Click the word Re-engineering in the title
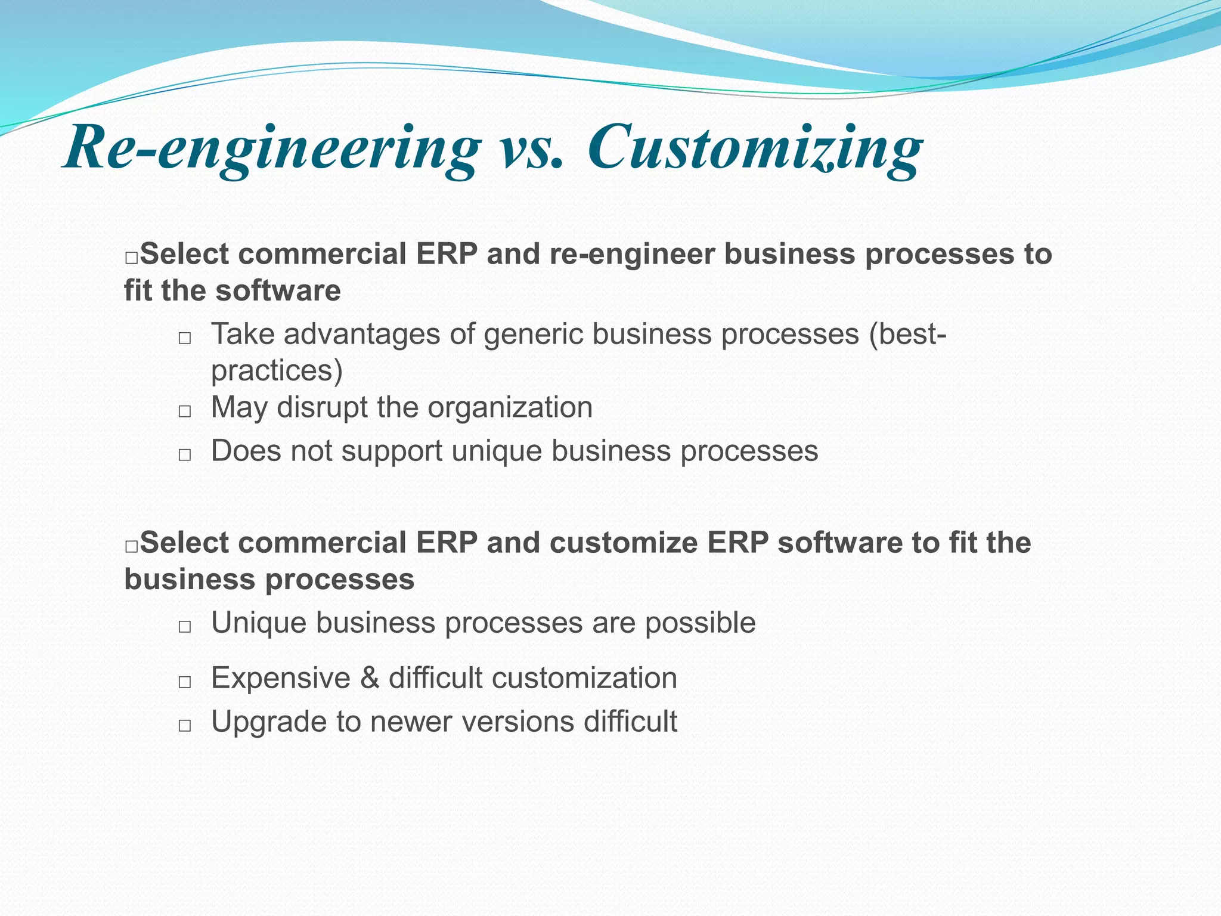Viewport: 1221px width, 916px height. [x=272, y=149]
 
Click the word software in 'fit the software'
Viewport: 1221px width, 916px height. [x=278, y=291]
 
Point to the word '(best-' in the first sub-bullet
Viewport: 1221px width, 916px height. [x=907, y=335]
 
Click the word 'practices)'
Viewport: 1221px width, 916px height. [x=277, y=371]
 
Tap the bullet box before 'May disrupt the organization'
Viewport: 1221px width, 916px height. [x=185, y=411]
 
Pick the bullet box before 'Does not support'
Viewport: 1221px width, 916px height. [x=185, y=455]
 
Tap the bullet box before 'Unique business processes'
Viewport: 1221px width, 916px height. [x=185, y=627]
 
